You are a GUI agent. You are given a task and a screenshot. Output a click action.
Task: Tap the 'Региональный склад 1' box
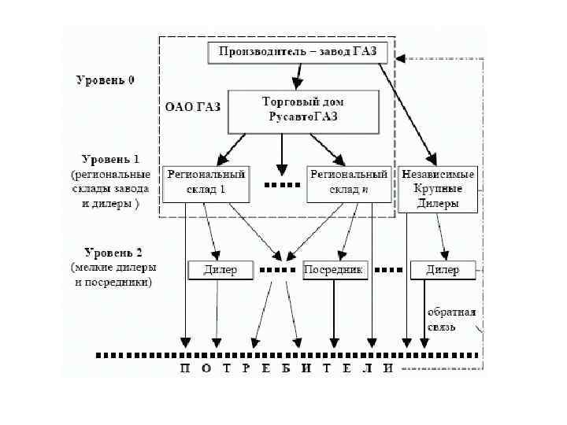(x=205, y=183)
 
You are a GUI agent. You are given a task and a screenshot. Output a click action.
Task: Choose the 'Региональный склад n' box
(x=349, y=183)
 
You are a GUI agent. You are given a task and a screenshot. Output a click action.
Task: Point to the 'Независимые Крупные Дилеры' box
(x=439, y=189)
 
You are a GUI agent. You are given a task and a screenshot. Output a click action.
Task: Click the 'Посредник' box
(x=335, y=270)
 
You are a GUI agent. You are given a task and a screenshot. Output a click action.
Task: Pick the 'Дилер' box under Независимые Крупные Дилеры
(x=443, y=270)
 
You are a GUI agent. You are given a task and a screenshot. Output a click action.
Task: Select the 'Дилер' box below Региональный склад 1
(x=220, y=270)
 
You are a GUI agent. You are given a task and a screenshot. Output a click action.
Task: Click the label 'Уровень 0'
(x=105, y=80)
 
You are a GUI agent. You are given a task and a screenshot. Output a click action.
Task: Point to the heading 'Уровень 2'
(x=109, y=253)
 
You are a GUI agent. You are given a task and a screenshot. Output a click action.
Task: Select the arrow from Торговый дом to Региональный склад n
(x=327, y=146)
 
